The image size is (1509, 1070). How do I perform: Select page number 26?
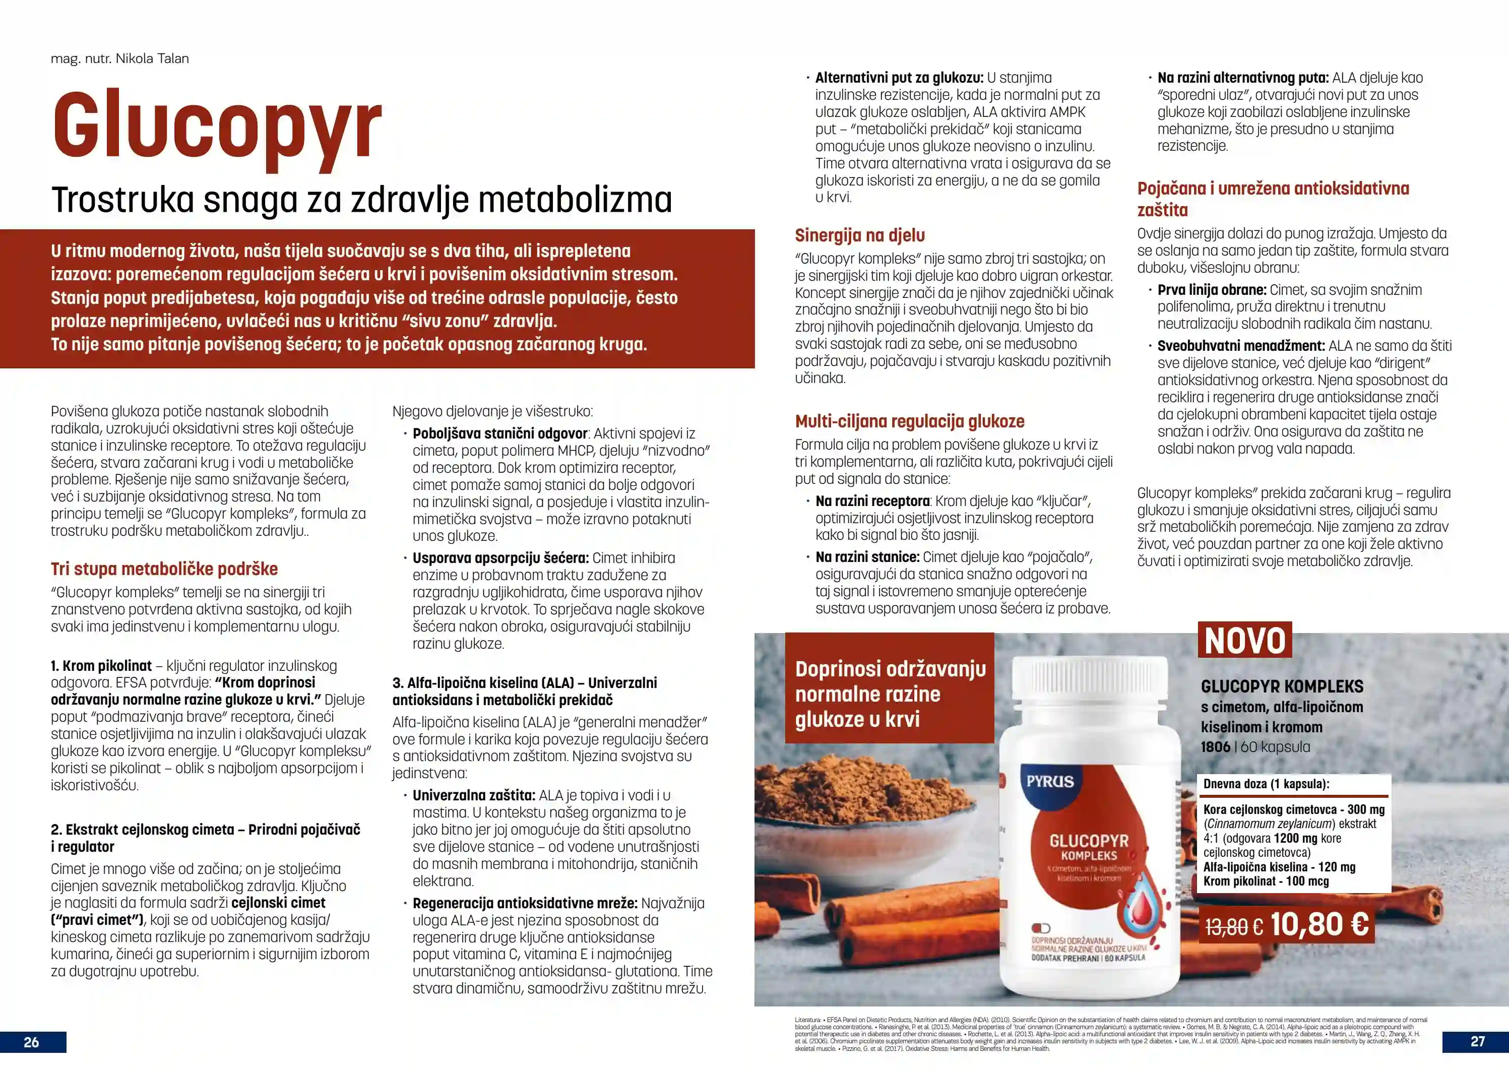pos(32,1042)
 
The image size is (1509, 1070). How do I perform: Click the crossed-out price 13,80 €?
pos(1233,927)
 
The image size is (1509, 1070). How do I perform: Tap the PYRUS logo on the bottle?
pos(1050,782)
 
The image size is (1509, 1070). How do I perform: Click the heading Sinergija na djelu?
pos(859,235)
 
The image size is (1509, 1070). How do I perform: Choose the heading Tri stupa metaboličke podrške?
pos(164,569)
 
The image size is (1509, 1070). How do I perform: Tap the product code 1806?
pos(1215,747)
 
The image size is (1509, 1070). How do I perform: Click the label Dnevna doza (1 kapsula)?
pos(1266,784)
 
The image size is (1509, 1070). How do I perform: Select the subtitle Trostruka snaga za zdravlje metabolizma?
pos(361,200)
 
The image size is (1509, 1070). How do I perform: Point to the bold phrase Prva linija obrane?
pos(1212,290)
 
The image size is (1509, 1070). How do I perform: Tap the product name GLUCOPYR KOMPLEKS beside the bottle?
pos(1282,686)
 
